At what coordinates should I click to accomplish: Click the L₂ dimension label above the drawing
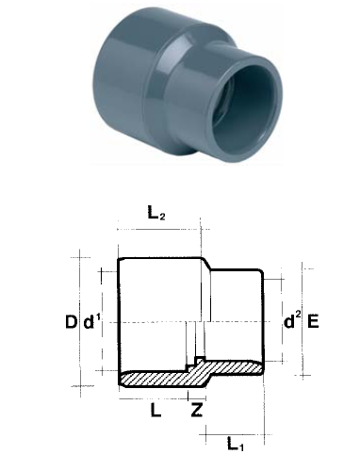coord(157,215)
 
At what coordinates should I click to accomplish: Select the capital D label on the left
coord(71,322)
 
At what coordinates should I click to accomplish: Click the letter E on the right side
coord(313,322)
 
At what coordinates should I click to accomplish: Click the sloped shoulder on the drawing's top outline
coord(204,265)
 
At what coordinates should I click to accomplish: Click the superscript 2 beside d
coord(298,316)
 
